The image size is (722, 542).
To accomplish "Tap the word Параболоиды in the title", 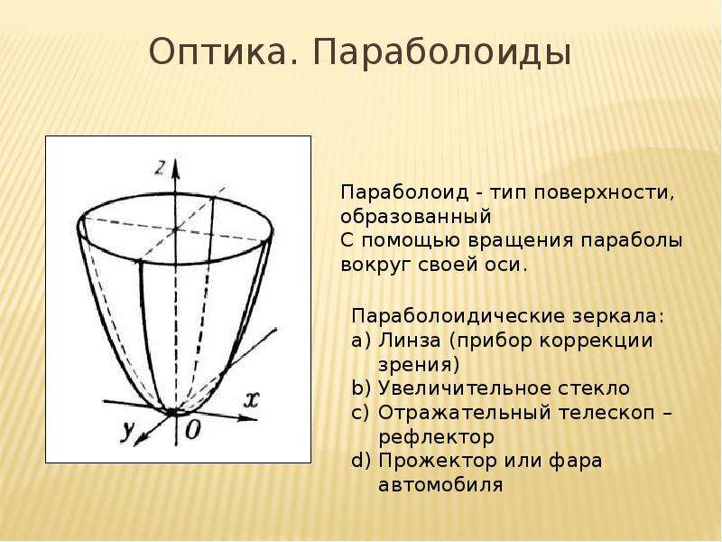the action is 442,52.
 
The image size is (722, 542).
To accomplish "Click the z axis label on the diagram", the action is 160,168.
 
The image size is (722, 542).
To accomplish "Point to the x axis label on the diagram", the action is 251,399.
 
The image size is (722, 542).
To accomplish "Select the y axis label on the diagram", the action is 126,432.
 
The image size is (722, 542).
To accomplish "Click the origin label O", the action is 193,430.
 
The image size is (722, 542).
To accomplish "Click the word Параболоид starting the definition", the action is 404,192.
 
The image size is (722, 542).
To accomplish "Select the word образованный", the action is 416,217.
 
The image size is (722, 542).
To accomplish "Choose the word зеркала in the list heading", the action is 619,317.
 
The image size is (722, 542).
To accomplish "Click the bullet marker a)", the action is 360,341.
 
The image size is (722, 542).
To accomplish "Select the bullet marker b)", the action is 360,388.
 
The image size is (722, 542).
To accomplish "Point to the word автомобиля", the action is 440,485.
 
